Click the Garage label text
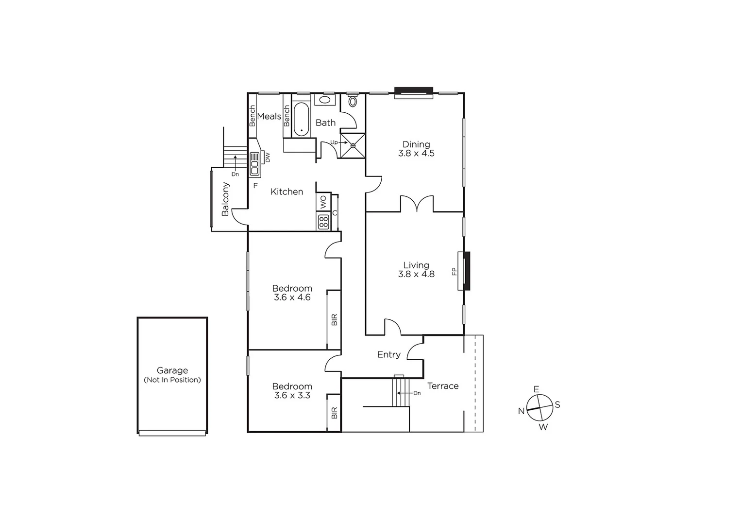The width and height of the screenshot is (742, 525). click(x=172, y=370)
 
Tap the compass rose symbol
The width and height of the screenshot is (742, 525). click(x=540, y=408)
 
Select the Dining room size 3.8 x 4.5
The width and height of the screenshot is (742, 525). click(x=416, y=153)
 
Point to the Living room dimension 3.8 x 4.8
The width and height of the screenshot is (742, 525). click(x=416, y=274)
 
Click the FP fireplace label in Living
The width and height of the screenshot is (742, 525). click(x=455, y=271)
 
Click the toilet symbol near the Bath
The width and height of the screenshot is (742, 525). click(x=353, y=102)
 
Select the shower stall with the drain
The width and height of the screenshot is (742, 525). click(x=353, y=145)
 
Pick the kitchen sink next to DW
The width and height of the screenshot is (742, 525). click(x=255, y=164)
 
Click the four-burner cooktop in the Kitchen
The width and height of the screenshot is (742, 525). click(x=323, y=222)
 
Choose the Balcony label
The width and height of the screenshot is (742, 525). click(x=225, y=199)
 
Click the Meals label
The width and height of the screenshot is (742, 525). click(x=269, y=116)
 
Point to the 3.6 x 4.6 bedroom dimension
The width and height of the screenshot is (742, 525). click(x=292, y=297)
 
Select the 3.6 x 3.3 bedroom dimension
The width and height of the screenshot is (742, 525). click(x=292, y=396)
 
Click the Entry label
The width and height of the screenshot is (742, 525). click(x=389, y=355)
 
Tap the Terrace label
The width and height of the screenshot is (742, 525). click(x=443, y=386)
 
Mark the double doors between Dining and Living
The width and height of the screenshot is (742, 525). click(x=417, y=204)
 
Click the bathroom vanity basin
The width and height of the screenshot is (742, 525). click(x=324, y=100)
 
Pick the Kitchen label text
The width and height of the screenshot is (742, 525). click(x=287, y=192)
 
